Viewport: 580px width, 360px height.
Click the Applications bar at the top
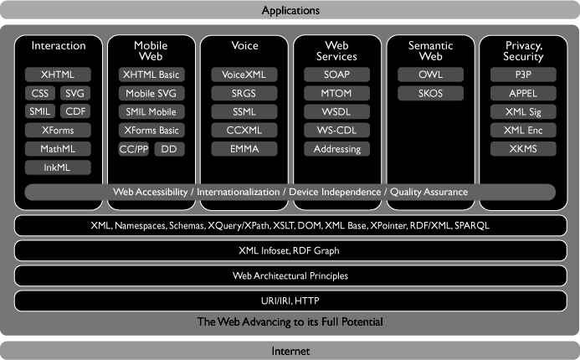(290, 11)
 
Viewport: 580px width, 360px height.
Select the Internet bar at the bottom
(290, 350)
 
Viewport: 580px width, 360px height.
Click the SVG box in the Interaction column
(75, 93)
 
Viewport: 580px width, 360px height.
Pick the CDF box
(75, 111)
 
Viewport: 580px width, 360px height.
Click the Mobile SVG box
(151, 93)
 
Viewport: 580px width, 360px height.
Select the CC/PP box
(134, 149)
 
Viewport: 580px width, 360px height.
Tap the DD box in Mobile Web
(169, 149)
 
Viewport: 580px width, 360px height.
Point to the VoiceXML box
(244, 75)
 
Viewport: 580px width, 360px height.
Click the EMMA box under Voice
(244, 149)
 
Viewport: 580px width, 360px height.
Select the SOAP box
(337, 75)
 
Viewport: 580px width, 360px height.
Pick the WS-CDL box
(337, 131)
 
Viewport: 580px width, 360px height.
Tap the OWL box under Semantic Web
(430, 75)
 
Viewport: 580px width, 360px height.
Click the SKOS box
(430, 93)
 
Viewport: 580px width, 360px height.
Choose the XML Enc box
(523, 131)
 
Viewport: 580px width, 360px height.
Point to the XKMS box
(523, 149)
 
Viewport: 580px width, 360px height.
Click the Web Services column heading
(337, 50)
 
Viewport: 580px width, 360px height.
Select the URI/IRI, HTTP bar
(290, 300)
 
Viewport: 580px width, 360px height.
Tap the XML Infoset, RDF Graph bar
(290, 250)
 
